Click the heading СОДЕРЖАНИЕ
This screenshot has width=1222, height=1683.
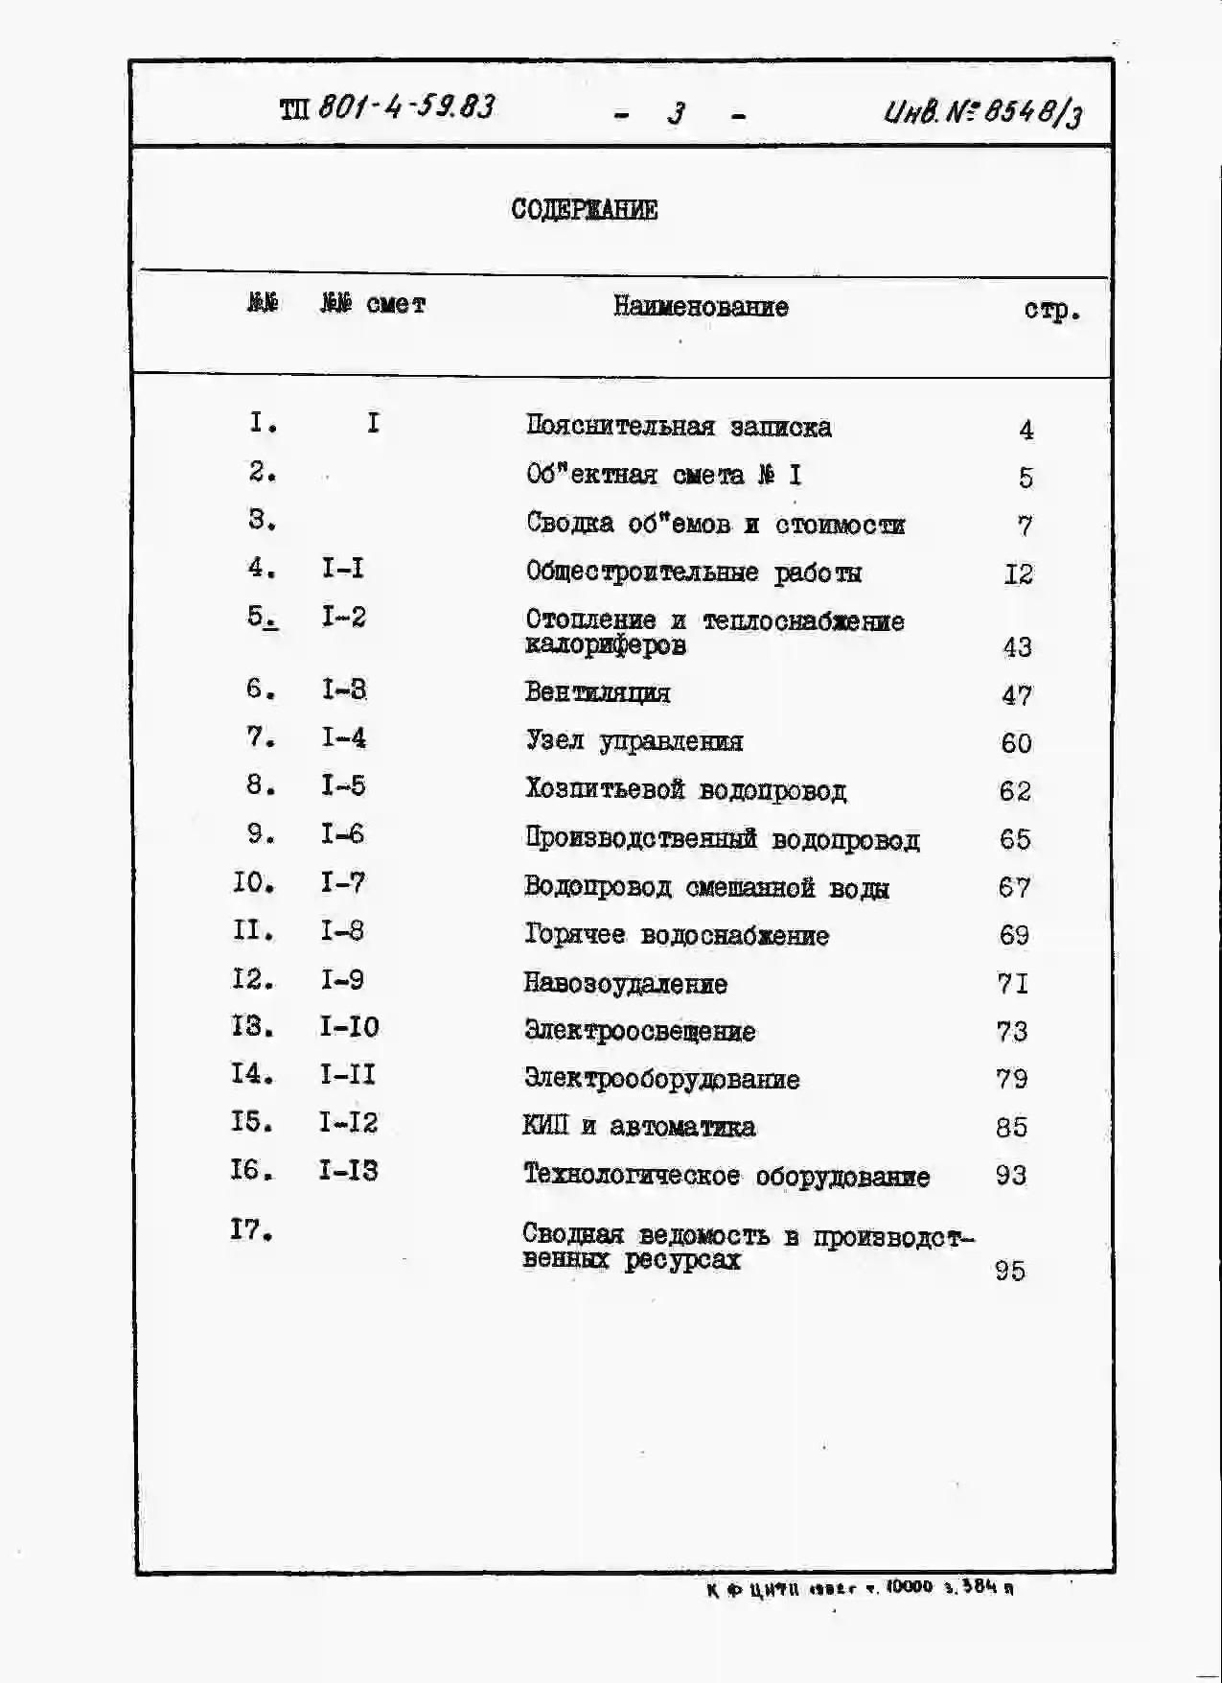tap(584, 210)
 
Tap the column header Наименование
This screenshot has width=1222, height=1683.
tap(701, 307)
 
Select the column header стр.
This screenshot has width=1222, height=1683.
tap(1051, 310)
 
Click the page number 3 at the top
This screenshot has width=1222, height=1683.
tap(677, 114)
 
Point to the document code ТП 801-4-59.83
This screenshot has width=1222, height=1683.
tap(387, 107)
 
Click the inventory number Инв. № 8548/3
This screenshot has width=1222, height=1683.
tap(983, 114)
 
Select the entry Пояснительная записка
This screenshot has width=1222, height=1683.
tap(678, 427)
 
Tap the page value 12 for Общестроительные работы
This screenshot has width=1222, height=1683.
tap(1018, 574)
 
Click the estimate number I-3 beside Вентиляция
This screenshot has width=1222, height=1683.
tap(344, 690)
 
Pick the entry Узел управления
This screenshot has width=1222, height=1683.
tap(634, 741)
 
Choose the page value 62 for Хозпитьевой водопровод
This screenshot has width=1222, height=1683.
tap(1015, 791)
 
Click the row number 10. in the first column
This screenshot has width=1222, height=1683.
tap(253, 882)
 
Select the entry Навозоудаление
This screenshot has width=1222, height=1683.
tap(625, 984)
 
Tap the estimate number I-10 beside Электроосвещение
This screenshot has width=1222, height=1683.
tap(349, 1027)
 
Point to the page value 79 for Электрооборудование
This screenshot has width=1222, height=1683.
tap(1012, 1079)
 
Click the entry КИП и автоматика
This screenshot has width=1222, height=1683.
tap(638, 1127)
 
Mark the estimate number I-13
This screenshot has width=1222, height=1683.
tap(348, 1171)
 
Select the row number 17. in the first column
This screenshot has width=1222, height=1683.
tap(251, 1229)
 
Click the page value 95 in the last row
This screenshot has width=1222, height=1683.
tap(1010, 1271)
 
